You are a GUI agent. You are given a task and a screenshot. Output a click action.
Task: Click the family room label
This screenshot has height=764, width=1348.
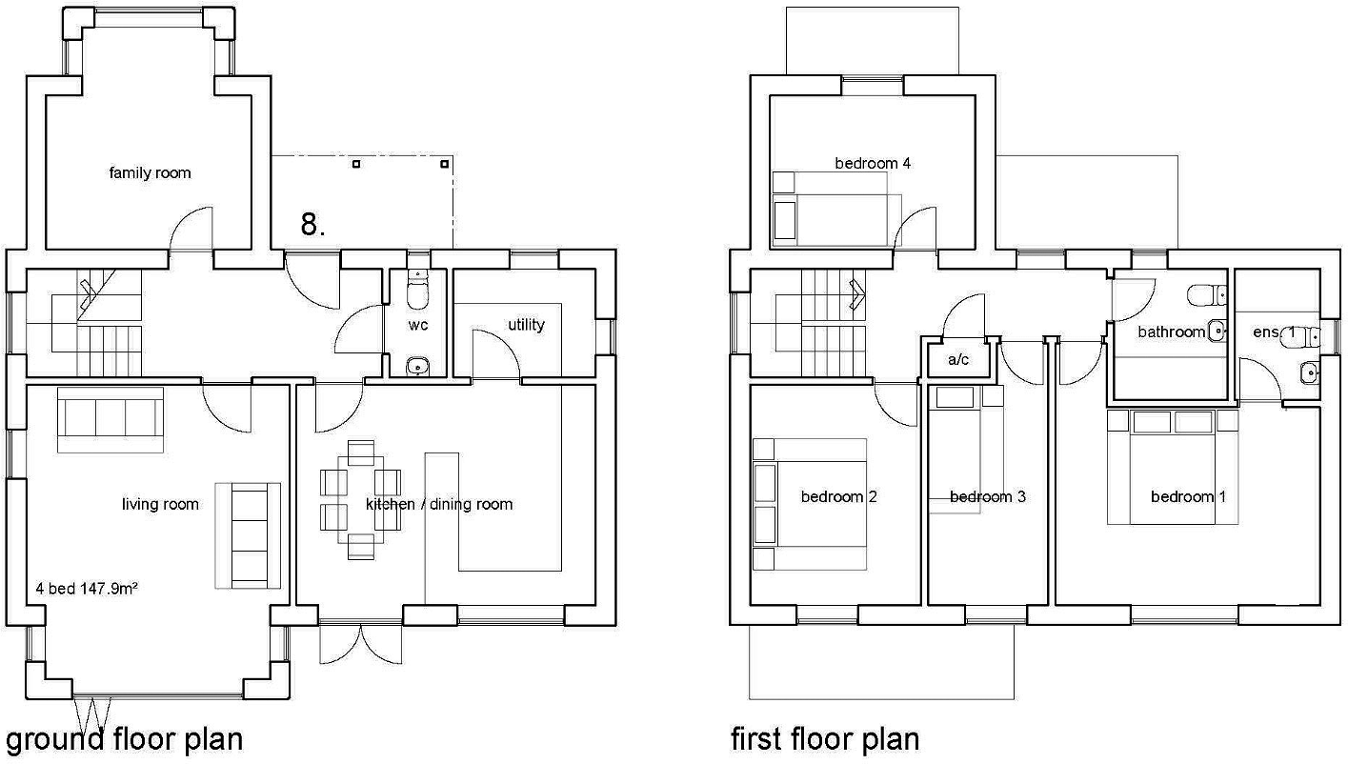(x=150, y=173)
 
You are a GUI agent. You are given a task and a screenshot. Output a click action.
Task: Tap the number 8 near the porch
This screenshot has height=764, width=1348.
(x=312, y=225)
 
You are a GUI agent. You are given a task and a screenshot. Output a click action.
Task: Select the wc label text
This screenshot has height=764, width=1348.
(x=418, y=325)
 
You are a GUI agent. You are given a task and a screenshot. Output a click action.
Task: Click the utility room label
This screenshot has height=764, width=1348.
(x=526, y=325)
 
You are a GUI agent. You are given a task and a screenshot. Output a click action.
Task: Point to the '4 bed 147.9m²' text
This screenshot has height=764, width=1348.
(x=87, y=589)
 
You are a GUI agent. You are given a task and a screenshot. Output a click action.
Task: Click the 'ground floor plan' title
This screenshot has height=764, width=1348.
(x=124, y=739)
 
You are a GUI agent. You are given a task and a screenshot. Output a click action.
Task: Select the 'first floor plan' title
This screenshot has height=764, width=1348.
(x=825, y=739)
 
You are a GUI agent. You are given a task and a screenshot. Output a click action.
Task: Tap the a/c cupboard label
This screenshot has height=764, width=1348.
(x=958, y=360)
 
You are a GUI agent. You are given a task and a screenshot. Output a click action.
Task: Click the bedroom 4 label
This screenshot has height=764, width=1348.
(x=873, y=164)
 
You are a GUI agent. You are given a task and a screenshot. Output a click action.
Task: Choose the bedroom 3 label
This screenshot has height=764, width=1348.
(x=987, y=497)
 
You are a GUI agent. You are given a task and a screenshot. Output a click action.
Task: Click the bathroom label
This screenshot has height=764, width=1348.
(x=1171, y=332)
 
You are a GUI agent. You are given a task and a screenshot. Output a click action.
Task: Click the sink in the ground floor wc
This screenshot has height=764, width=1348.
(x=417, y=366)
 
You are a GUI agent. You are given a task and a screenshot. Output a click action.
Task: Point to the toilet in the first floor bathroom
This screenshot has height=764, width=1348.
(x=1199, y=292)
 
